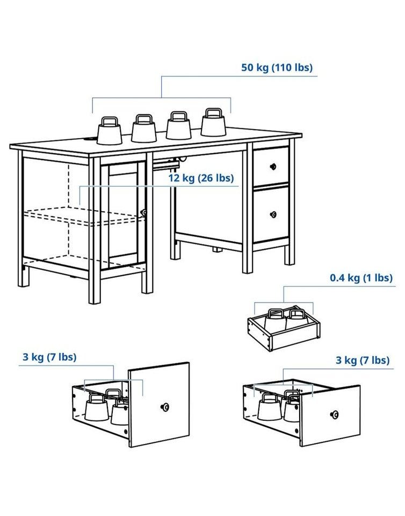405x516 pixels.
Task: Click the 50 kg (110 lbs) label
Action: pyautogui.click(x=277, y=68)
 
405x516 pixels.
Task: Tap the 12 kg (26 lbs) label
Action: pyautogui.click(x=201, y=178)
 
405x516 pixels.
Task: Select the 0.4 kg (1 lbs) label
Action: pyautogui.click(x=361, y=278)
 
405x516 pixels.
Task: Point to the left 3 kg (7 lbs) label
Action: pyautogui.click(x=49, y=357)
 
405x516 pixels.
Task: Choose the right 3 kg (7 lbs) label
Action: pyautogui.click(x=362, y=360)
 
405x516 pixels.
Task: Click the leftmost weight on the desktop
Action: pyautogui.click(x=110, y=131)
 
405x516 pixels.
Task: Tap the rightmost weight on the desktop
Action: pyautogui.click(x=213, y=123)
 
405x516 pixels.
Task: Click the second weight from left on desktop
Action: pyautogui.click(x=143, y=128)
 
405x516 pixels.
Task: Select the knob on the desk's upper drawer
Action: pyautogui.click(x=273, y=167)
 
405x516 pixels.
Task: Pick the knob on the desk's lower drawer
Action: pyautogui.click(x=273, y=214)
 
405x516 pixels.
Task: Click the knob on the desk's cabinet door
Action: pyautogui.click(x=143, y=213)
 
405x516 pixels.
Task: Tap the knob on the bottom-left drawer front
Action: pyautogui.click(x=165, y=407)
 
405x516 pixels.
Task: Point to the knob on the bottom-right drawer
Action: pyautogui.click(x=335, y=414)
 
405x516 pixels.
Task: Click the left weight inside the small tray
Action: pyautogui.click(x=276, y=320)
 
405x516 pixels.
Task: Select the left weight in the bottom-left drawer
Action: pyautogui.click(x=96, y=407)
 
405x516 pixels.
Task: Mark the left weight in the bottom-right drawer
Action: pyautogui.click(x=270, y=407)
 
